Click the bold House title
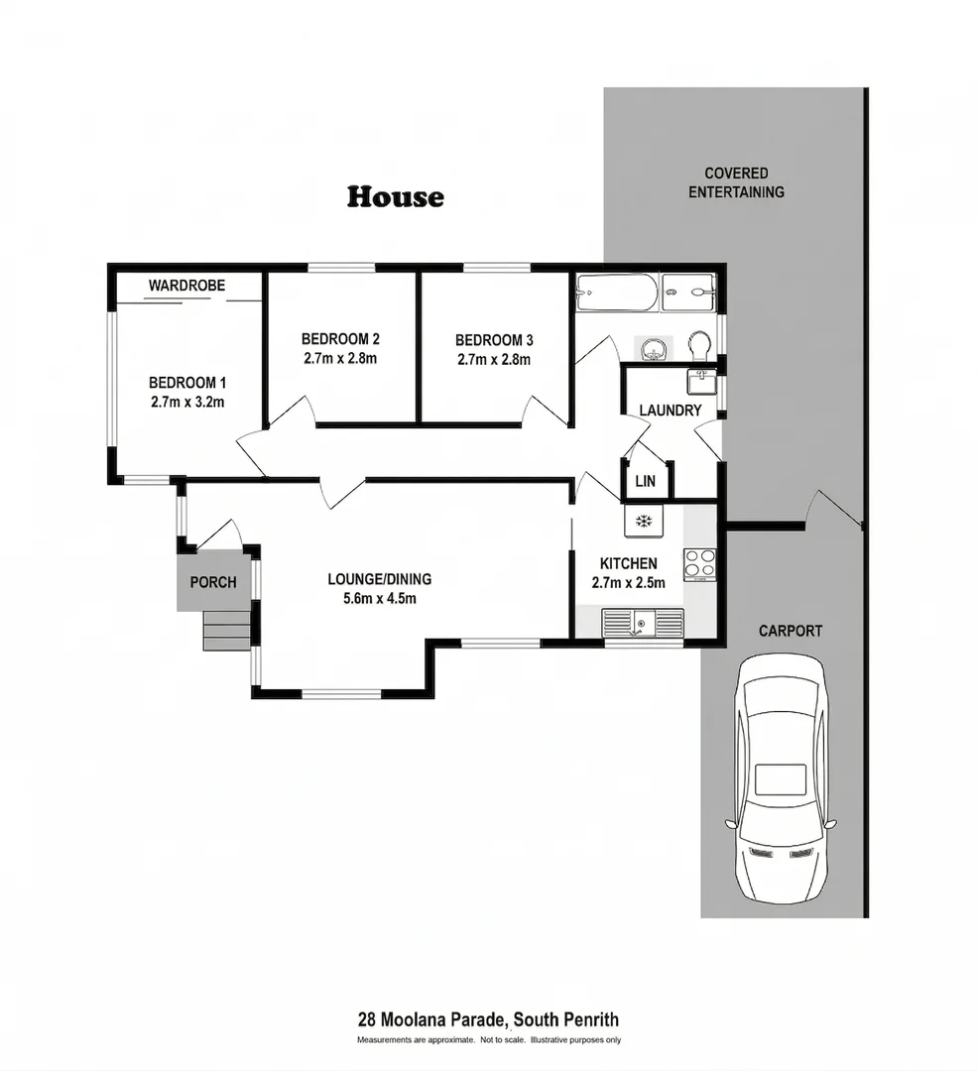396,196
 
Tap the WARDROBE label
187,286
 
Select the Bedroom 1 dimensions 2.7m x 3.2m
187,403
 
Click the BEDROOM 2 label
340,339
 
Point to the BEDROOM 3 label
494,340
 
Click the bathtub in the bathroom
617,293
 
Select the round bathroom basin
654,349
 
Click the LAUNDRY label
670,411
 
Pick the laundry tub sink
700,382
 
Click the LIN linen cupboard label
646,481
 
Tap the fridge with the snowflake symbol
644,522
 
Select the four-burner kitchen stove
699,565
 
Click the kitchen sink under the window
642,624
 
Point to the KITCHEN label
628,563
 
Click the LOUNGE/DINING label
380,579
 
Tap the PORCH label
213,583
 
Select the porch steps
227,630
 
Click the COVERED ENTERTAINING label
736,183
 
